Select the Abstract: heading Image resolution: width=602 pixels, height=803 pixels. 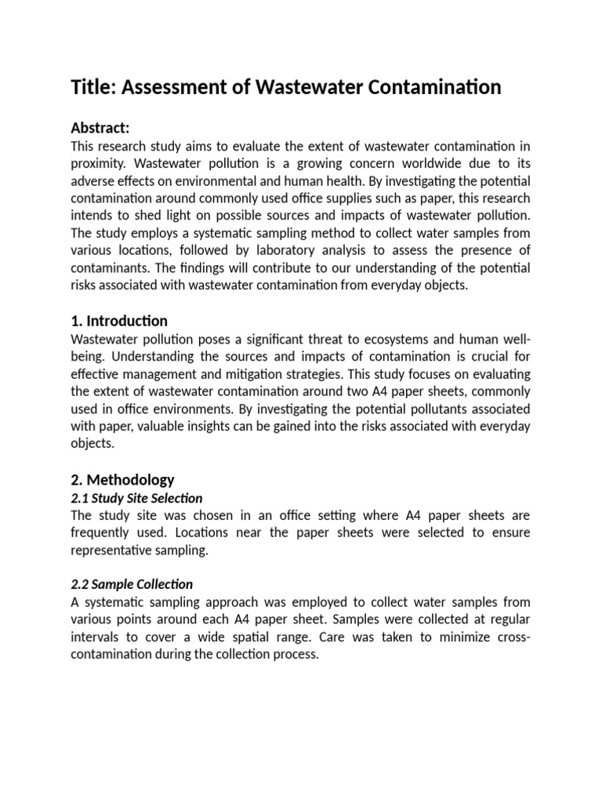click(x=100, y=128)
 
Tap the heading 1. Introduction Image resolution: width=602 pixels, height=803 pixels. click(x=119, y=321)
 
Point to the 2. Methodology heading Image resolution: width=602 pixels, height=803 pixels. click(x=122, y=479)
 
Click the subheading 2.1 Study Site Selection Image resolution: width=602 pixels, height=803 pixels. click(x=136, y=498)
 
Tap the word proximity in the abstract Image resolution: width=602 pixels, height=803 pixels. click(x=100, y=163)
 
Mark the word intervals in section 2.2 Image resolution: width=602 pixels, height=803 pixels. click(x=96, y=636)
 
